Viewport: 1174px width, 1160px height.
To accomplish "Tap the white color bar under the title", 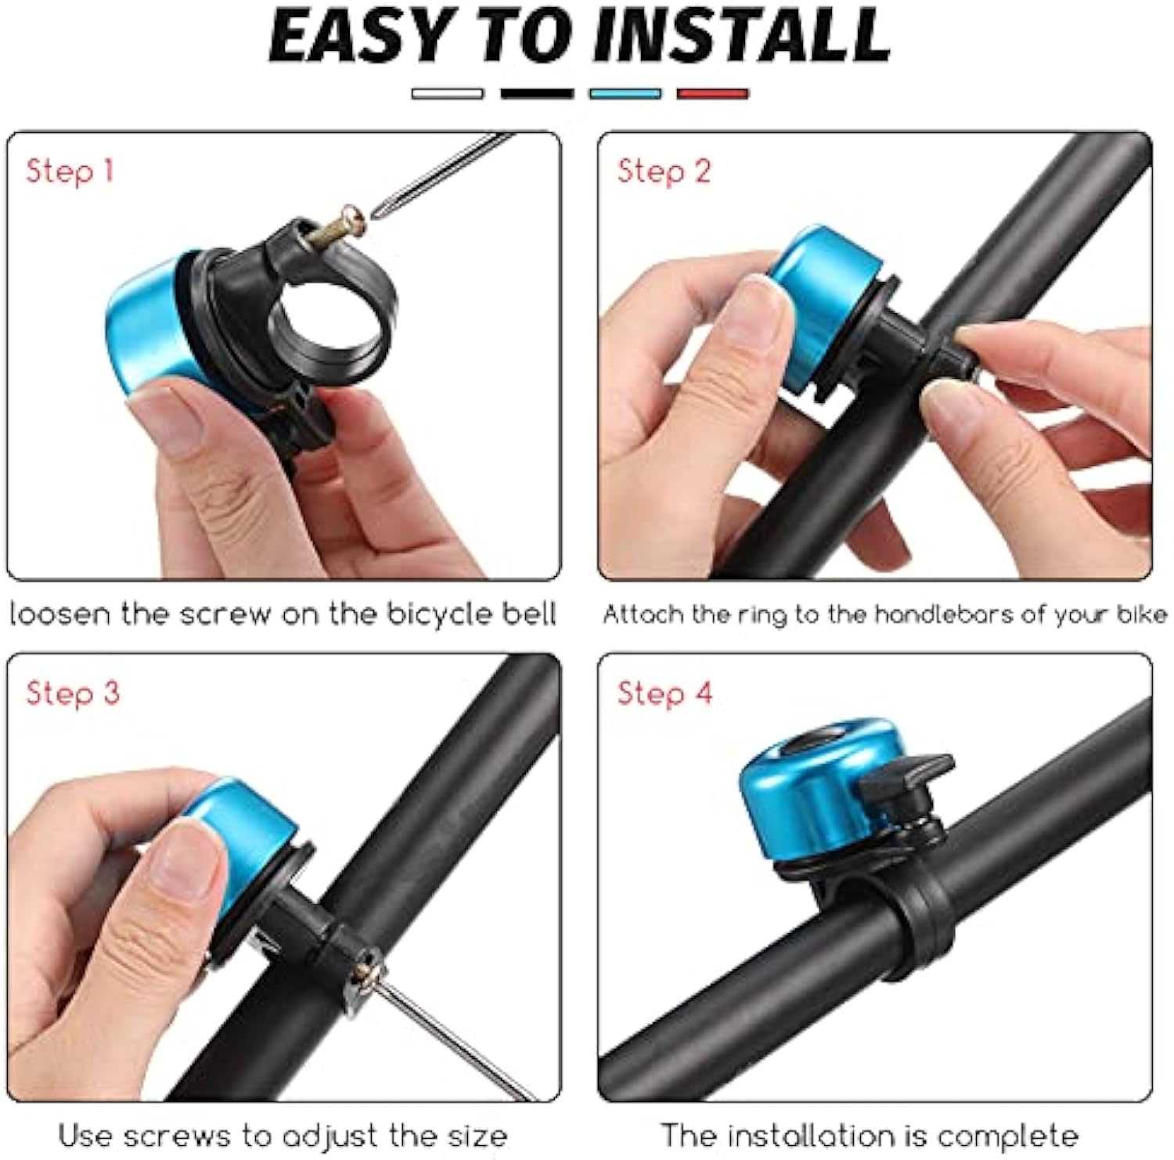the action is point(447,94).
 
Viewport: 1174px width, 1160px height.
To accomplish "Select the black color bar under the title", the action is point(537,94).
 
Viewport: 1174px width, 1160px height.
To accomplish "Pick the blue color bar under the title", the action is point(625,94).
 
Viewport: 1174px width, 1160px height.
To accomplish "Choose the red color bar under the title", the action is point(712,94).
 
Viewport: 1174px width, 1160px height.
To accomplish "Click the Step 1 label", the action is point(70,171).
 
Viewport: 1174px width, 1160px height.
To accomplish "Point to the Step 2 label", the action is point(664,171).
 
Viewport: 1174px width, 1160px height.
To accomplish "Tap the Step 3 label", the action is point(73,693).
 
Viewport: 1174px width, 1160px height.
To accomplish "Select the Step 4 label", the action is point(664,693).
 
